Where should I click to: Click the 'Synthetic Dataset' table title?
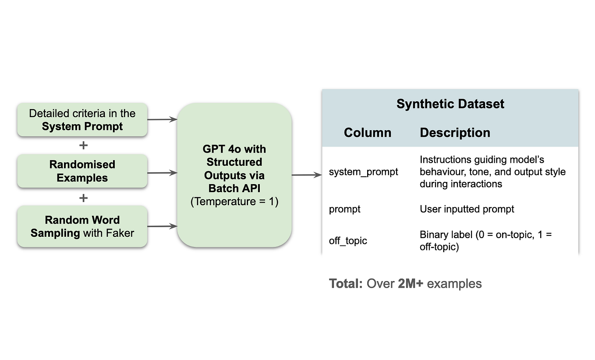pyautogui.click(x=450, y=104)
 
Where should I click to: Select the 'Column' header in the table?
pyautogui.click(x=367, y=132)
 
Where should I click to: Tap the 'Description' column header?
pyautogui.click(x=455, y=132)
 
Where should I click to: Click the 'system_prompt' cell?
pyautogui.click(x=363, y=172)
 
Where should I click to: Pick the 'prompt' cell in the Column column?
pyautogui.click(x=344, y=209)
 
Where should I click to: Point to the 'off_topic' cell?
pyautogui.click(x=347, y=241)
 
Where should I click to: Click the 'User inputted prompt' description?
pyautogui.click(x=467, y=209)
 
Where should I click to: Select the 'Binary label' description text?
pyautogui.click(x=485, y=241)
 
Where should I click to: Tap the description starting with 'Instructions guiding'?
pyautogui.click(x=492, y=171)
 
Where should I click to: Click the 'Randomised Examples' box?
pyautogui.click(x=82, y=171)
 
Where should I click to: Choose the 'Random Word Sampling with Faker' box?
pyautogui.click(x=82, y=226)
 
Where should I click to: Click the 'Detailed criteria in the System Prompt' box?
pyautogui.click(x=82, y=120)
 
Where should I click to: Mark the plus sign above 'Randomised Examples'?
pyautogui.click(x=83, y=145)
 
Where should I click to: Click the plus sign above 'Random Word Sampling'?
pyautogui.click(x=83, y=198)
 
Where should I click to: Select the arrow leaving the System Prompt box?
pyautogui.click(x=162, y=119)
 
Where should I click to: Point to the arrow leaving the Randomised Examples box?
pyautogui.click(x=162, y=173)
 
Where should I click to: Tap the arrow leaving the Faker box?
pyautogui.click(x=162, y=226)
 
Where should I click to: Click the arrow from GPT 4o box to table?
pyautogui.click(x=306, y=175)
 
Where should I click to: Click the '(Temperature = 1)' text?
pyautogui.click(x=234, y=202)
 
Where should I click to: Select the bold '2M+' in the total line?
pyautogui.click(x=411, y=284)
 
